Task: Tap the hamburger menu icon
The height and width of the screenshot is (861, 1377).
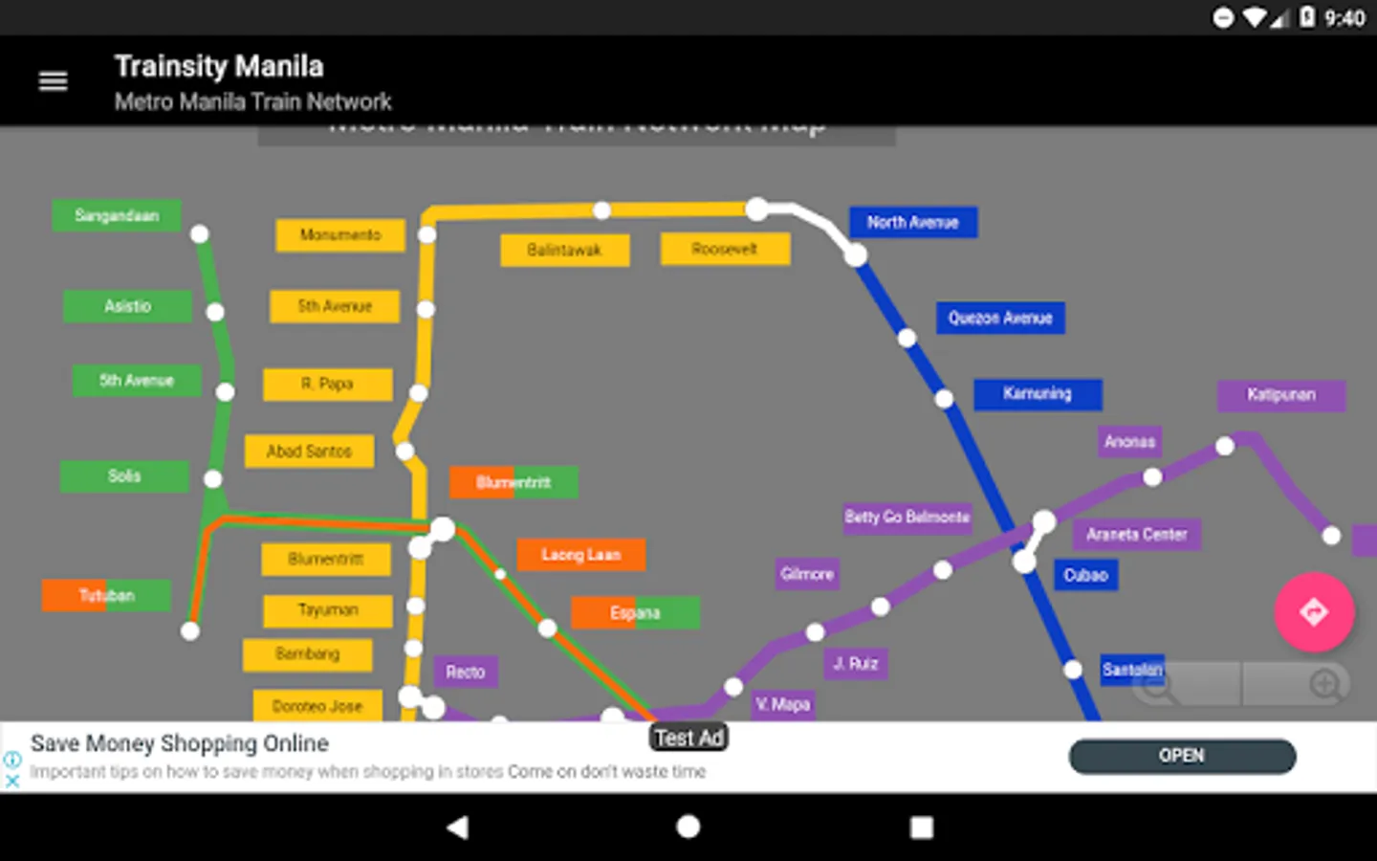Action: [53, 81]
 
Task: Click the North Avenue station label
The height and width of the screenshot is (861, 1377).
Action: [913, 223]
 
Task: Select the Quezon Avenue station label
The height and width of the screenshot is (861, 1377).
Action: [1000, 318]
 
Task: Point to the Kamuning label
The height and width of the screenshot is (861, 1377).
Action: [1038, 393]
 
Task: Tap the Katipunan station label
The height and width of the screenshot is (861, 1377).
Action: [1280, 394]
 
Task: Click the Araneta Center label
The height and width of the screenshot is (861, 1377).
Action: [1136, 534]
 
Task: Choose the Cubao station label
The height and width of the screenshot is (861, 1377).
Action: [1085, 575]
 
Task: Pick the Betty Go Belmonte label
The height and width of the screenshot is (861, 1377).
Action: [907, 517]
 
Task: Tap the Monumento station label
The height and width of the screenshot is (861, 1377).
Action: [340, 234]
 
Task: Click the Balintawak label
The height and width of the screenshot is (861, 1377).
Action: [564, 250]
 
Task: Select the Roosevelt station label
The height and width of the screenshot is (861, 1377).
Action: [725, 249]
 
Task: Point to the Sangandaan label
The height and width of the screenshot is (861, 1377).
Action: [117, 215]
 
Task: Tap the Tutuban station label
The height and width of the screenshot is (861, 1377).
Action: [106, 595]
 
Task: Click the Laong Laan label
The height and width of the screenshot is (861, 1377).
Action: [580, 554]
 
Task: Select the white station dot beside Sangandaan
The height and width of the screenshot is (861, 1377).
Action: [200, 233]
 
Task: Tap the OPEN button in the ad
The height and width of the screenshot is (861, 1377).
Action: [1182, 756]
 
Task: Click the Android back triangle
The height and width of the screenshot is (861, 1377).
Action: [458, 828]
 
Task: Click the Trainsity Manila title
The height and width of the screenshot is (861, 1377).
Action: [219, 66]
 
